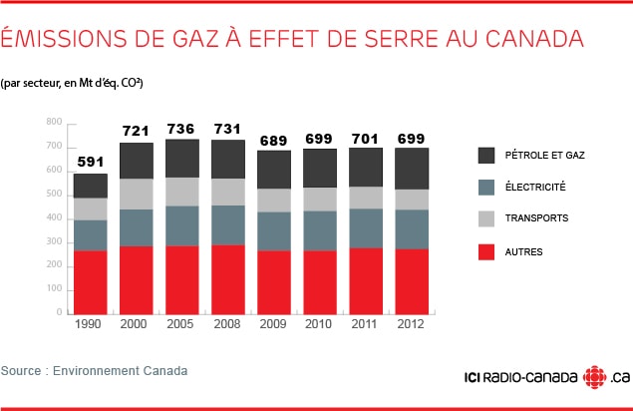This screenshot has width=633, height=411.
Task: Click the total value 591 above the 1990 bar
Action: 91,162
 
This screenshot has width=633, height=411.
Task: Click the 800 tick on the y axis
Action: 54,122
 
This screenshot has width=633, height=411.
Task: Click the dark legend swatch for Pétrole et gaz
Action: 487,155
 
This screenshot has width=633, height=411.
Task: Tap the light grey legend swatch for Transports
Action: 487,218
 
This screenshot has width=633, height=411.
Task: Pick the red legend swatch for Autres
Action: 487,251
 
